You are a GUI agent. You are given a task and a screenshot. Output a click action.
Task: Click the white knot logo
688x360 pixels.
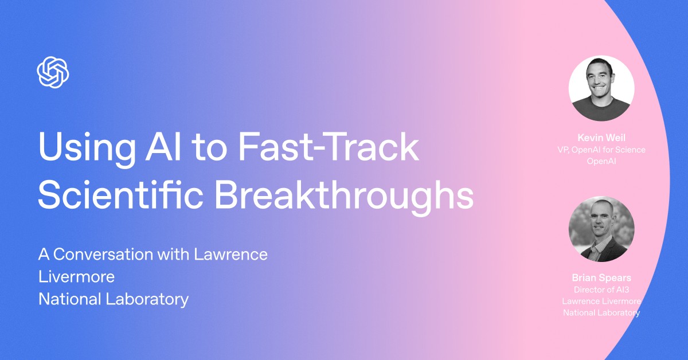point(53,72)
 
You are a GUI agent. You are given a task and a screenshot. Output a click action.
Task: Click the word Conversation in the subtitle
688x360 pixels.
point(118,254)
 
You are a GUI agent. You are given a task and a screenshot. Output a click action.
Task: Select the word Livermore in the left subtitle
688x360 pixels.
point(76,277)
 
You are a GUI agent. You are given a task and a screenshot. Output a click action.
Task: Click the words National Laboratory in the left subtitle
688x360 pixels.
point(113,299)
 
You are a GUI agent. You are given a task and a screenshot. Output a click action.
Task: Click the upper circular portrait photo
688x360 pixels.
point(601,88)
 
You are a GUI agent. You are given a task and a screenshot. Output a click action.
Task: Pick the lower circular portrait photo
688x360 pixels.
point(601,229)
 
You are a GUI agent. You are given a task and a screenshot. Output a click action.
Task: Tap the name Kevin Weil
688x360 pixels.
point(601,138)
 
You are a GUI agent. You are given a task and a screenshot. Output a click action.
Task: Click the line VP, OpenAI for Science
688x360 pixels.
point(601,150)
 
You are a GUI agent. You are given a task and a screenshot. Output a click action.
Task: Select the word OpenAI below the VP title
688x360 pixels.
point(601,161)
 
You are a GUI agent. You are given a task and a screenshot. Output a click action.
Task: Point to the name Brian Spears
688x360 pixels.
point(601,278)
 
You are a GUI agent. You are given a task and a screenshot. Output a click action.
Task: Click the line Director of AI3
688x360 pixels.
point(601,289)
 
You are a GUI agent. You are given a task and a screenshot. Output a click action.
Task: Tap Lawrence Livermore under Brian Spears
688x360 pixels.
point(601,301)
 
